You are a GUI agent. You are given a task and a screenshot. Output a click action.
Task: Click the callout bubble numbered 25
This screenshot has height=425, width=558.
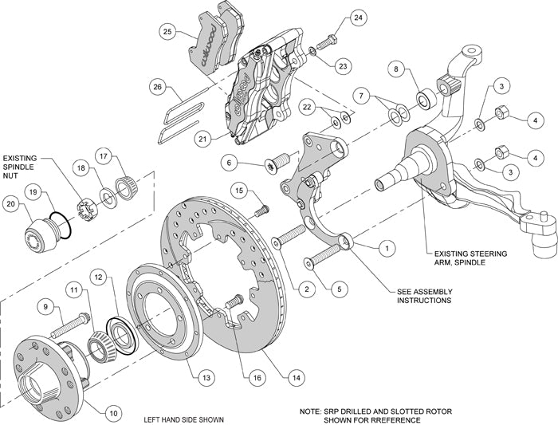coord(167,33)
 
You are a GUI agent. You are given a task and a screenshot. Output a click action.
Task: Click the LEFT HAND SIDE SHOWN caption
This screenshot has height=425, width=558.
coord(183,419)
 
